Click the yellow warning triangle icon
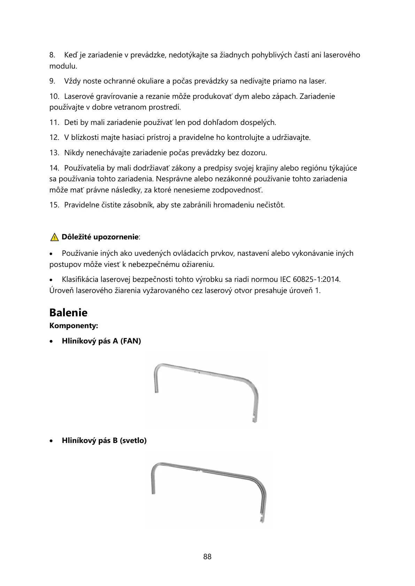54,238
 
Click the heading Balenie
68,312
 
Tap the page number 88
207,556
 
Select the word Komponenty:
74,326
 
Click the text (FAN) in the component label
131,341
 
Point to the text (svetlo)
133,441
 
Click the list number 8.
52,55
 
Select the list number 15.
54,205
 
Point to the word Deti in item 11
71,122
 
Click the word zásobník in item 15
138,205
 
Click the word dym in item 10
241,96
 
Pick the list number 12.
54,137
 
